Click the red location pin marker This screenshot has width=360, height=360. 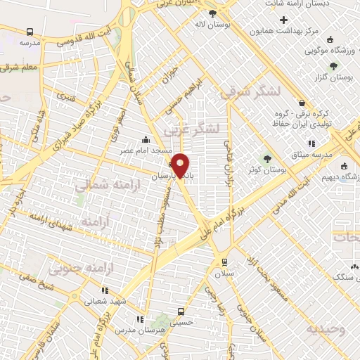[x=181, y=165]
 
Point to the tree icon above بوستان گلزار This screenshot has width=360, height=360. [x=333, y=66]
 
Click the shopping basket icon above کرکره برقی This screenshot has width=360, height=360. [x=301, y=103]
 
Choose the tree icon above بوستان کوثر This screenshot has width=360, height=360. [x=266, y=157]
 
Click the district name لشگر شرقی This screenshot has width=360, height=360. [x=250, y=91]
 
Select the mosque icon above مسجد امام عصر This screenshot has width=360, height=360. [x=145, y=139]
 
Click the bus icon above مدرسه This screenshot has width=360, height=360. [x=30, y=32]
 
